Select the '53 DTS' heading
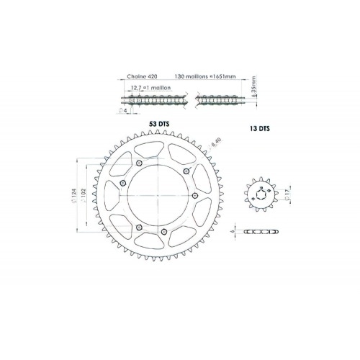[158, 124]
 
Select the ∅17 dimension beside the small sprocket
[287, 192]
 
